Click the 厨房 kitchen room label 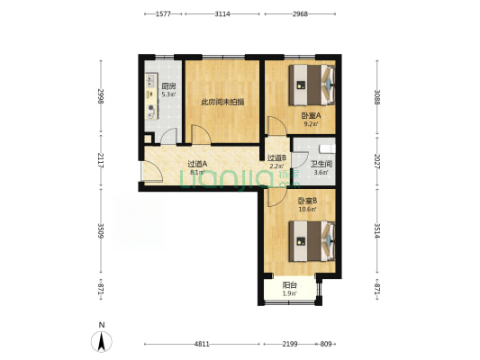pos(168,86)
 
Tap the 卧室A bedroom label pos(311,115)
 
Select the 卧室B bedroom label pos(307,201)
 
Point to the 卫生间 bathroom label pos(322,164)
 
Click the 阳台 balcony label pos(289,285)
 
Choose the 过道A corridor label pos(197,164)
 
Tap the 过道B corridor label pos(276,157)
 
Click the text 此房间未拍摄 pos(222,102)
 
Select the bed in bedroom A pos(312,85)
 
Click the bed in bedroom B pos(312,241)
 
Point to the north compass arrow pos(102,341)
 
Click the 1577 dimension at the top pos(163,14)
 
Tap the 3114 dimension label pos(222,14)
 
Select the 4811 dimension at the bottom pos(202,344)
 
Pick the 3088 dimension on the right pos(377,97)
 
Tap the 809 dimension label pos(326,344)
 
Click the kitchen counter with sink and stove pos(151,96)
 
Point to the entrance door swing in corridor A pos(152,172)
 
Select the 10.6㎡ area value pos(307,209)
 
